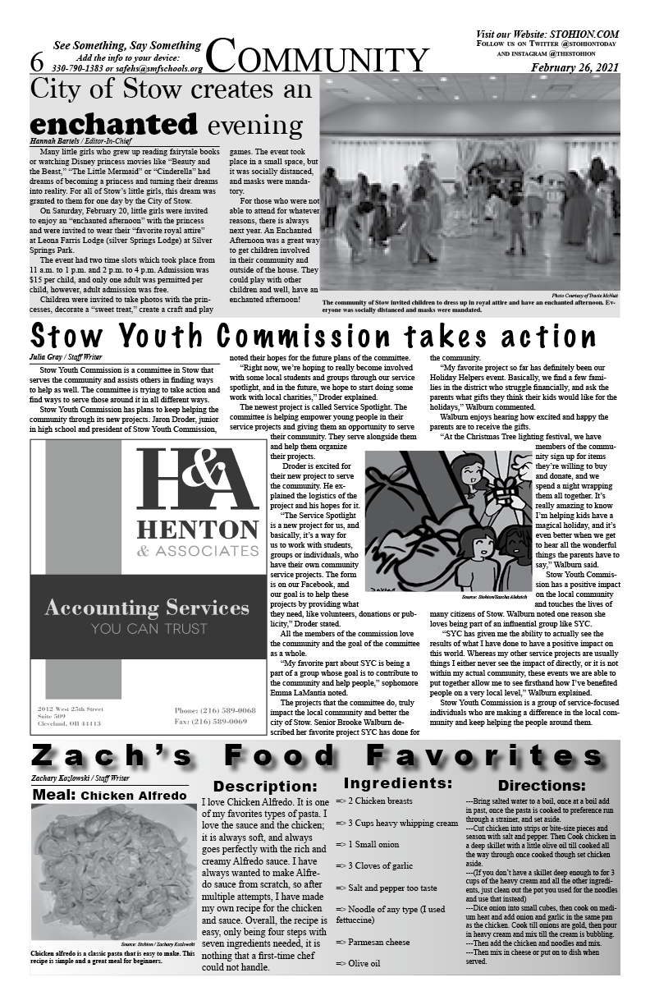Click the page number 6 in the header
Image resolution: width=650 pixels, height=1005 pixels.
36,62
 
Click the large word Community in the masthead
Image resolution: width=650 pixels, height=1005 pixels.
318,59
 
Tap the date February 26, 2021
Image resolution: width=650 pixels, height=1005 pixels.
574,67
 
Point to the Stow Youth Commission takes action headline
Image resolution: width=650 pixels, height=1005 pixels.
313,337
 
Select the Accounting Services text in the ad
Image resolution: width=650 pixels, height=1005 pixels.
147,608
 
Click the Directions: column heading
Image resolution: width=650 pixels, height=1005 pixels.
541,786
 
